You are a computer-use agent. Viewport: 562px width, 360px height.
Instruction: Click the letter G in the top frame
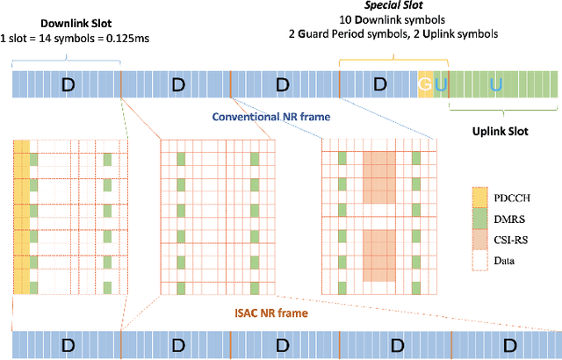pyautogui.click(x=425, y=84)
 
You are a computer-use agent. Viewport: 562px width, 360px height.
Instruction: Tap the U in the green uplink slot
pyautogui.click(x=496, y=84)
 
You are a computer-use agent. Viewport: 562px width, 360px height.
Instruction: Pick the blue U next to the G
pyautogui.click(x=440, y=84)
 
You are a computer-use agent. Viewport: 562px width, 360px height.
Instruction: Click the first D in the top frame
pyautogui.click(x=66, y=84)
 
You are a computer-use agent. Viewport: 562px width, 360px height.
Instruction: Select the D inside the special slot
pyautogui.click(x=378, y=84)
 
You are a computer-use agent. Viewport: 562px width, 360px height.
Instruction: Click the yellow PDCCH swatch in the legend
pyautogui.click(x=479, y=197)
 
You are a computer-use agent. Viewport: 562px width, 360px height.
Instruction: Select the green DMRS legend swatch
pyautogui.click(x=479, y=218)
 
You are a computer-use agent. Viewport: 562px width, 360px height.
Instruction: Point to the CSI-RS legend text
pyautogui.click(x=515, y=239)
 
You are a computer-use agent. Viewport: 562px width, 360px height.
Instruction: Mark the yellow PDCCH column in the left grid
pyautogui.click(x=21, y=215)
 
